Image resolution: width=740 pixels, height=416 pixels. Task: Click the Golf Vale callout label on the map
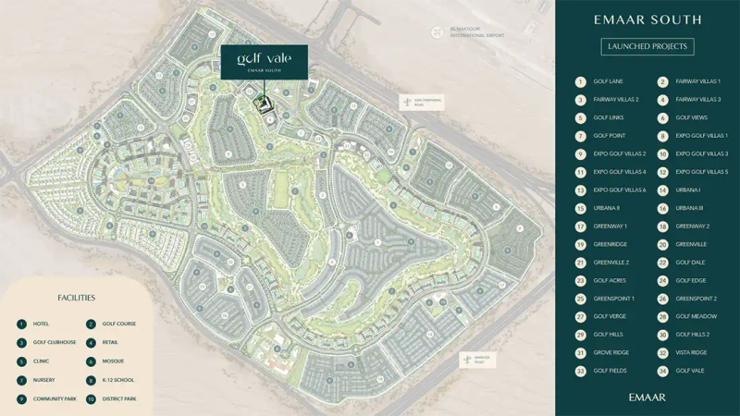point(264,61)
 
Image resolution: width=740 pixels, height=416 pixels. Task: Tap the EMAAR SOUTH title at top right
point(647,19)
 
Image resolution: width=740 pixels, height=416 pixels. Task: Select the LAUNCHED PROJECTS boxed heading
point(647,46)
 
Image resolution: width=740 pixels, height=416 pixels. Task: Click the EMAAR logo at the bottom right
point(647,397)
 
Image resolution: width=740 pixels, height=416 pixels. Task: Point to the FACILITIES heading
point(77,299)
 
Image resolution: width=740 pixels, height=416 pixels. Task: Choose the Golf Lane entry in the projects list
point(608,81)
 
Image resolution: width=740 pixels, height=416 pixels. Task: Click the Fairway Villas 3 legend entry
point(697,99)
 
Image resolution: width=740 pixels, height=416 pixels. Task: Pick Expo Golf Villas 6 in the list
point(619,190)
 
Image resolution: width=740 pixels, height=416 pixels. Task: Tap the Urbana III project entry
point(689,208)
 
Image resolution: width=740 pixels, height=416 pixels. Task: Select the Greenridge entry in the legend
point(610,244)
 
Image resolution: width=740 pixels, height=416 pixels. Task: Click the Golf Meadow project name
point(696,316)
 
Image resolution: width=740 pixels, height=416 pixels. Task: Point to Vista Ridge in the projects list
point(691,352)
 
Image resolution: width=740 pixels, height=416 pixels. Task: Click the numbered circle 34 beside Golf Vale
point(662,371)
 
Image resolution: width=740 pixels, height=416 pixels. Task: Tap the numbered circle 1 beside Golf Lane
point(580,81)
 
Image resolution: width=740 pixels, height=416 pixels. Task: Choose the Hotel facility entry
point(41,324)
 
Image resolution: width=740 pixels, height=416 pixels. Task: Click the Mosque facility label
point(113,361)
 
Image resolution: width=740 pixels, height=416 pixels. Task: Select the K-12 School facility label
point(117,380)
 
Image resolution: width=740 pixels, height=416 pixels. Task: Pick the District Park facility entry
point(119,398)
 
